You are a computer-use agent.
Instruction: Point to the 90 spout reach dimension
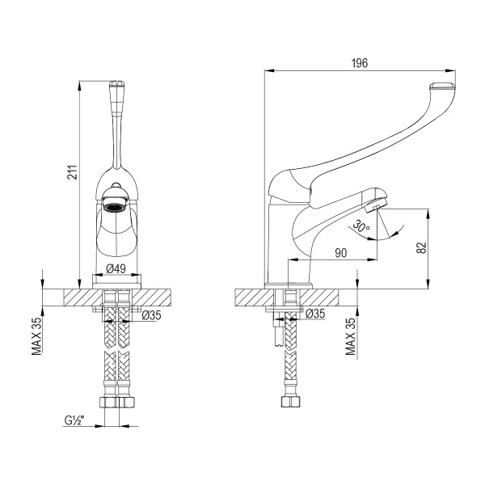click(340, 253)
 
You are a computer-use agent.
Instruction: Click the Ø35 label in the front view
click(151, 315)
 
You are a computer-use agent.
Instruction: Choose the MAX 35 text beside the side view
click(350, 337)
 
